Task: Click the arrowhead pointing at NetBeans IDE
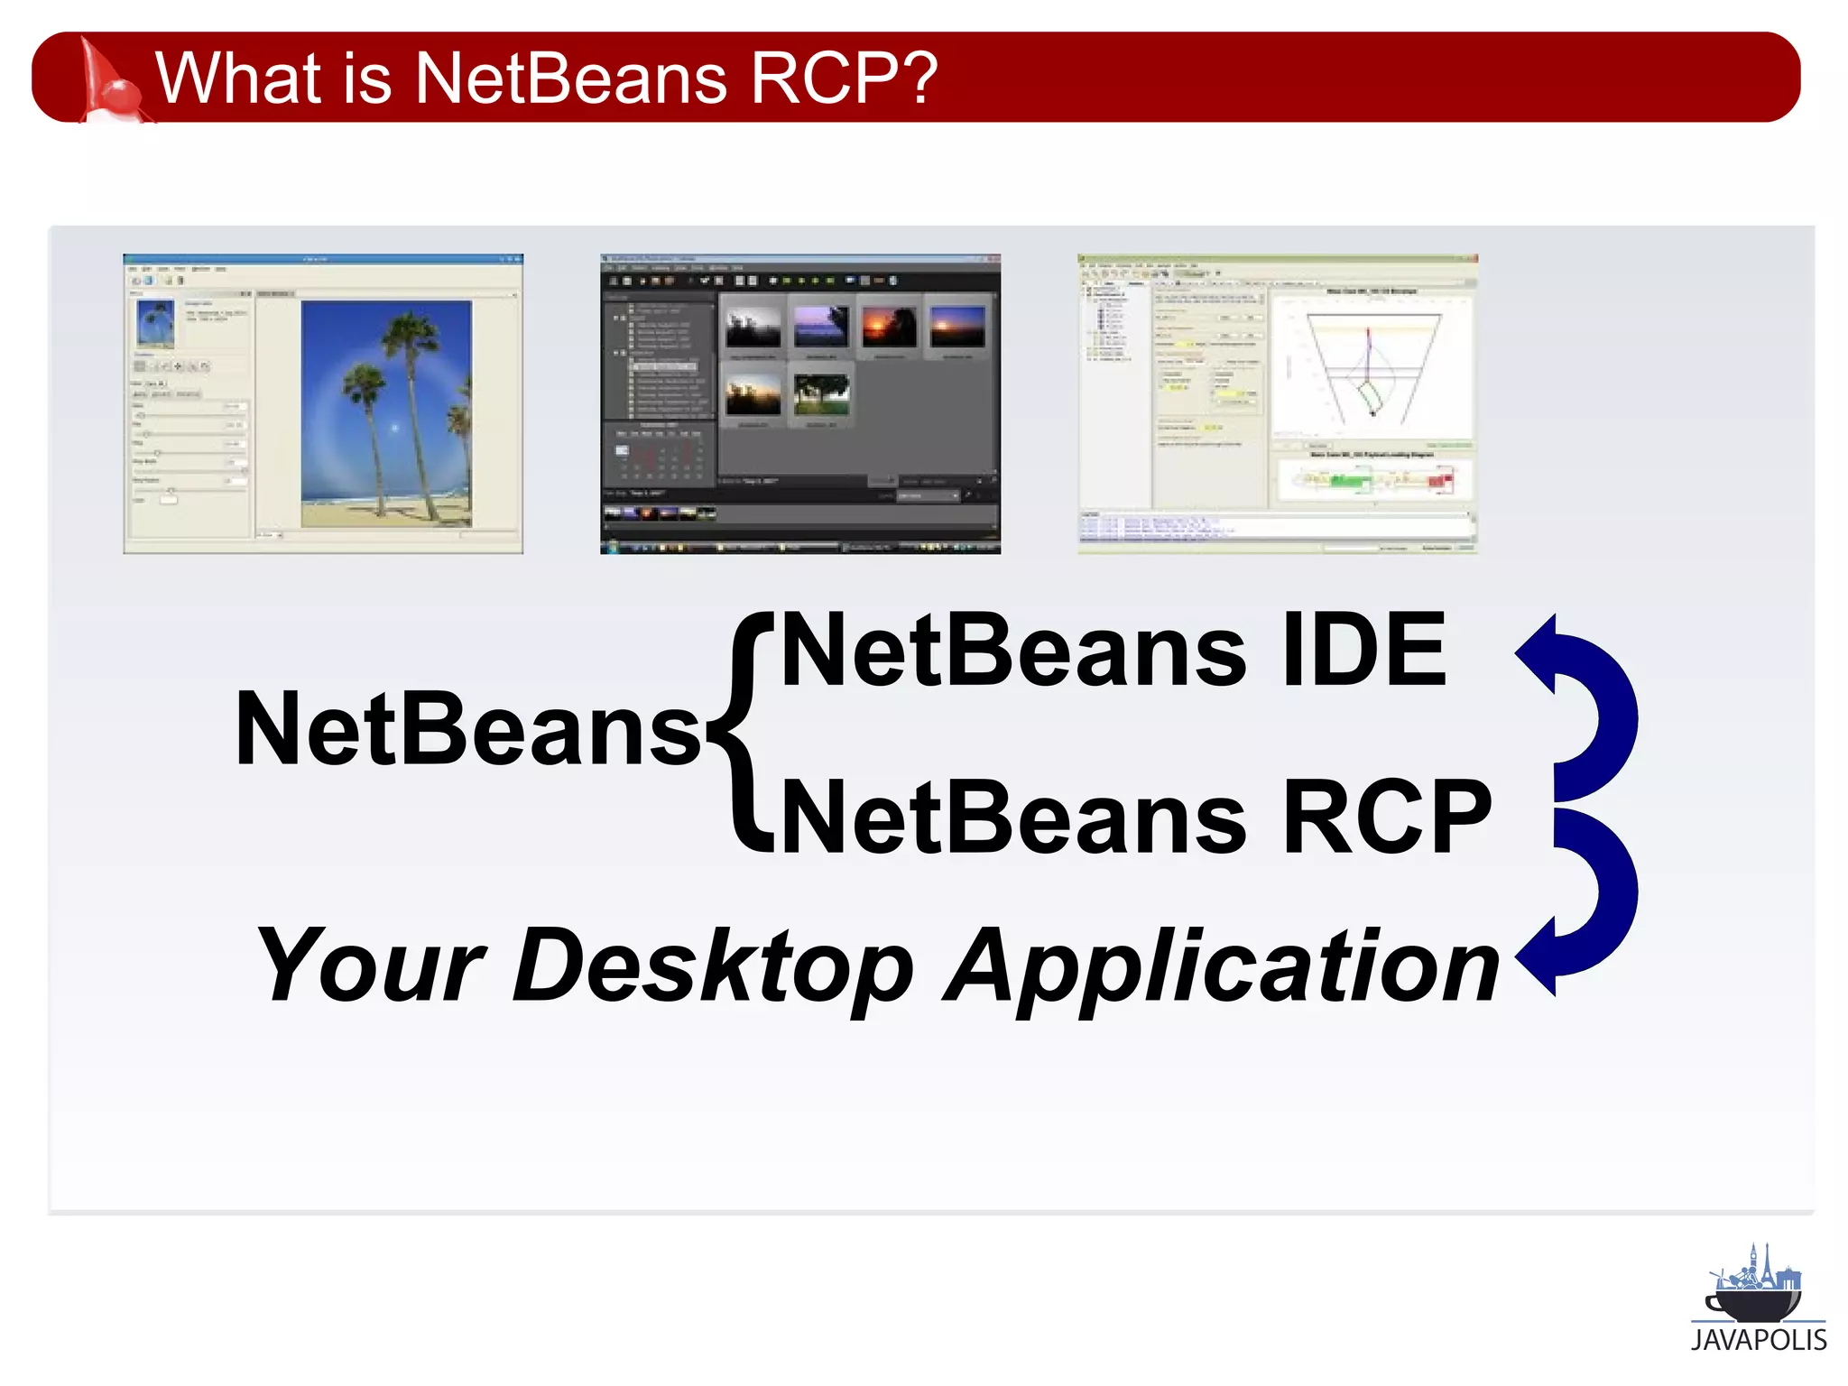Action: pos(1538,653)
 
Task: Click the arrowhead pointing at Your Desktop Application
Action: pos(1538,956)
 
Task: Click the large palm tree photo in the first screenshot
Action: pos(386,413)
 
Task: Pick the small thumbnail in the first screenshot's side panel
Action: pos(154,324)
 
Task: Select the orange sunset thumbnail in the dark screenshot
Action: pos(889,327)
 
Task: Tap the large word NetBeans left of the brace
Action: pos(467,729)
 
